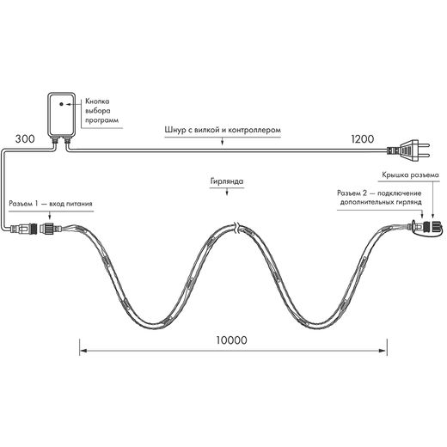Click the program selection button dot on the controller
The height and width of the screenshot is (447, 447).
tap(61, 104)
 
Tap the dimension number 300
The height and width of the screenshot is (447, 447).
tap(25, 139)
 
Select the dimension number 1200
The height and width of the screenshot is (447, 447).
tap(363, 139)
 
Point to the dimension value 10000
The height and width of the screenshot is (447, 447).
tap(231, 340)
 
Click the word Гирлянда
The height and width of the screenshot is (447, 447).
tap(227, 181)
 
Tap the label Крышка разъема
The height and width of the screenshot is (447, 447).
tap(410, 175)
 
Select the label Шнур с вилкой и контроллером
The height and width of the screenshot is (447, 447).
tap(223, 130)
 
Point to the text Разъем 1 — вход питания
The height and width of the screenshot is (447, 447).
tap(51, 204)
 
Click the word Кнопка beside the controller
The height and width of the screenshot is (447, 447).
tap(97, 101)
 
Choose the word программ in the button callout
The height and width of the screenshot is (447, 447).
tap(101, 120)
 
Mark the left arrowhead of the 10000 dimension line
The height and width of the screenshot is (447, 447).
tap(83, 351)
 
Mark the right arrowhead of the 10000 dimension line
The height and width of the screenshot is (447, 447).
tap(383, 351)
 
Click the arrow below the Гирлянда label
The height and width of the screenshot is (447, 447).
tap(227, 192)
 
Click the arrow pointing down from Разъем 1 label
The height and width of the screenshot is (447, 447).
tap(50, 216)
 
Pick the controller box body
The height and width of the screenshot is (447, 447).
tap(61, 114)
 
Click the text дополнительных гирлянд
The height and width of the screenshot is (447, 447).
tap(381, 202)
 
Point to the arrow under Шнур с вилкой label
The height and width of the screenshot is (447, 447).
tap(223, 142)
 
